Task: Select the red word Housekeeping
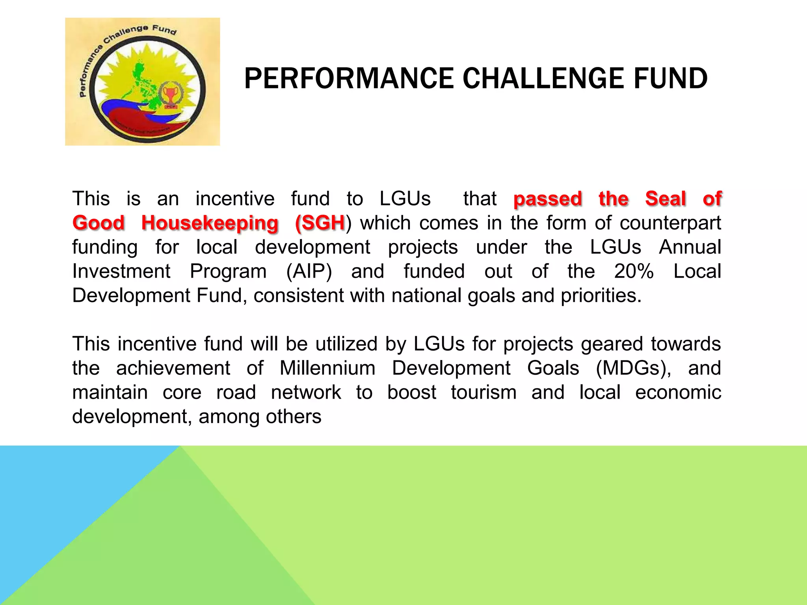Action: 210,223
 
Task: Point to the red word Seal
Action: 666,199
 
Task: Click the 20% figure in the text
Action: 634,271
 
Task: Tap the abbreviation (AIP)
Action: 309,272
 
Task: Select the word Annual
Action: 690,247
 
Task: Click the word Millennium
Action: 327,368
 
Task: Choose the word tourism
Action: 483,393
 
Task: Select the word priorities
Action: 601,296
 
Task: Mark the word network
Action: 306,393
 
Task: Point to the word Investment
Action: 121,271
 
